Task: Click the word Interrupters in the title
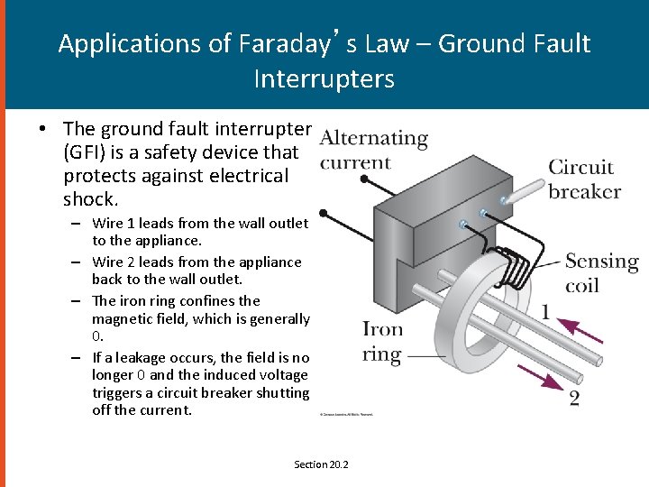point(324,79)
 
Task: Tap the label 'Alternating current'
point(373,150)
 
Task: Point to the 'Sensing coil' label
point(601,273)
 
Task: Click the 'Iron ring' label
point(382,341)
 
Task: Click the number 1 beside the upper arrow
point(545,312)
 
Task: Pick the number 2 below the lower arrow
point(574,398)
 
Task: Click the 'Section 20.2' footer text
point(321,464)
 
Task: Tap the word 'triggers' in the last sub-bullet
point(120,393)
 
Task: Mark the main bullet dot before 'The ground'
point(43,129)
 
